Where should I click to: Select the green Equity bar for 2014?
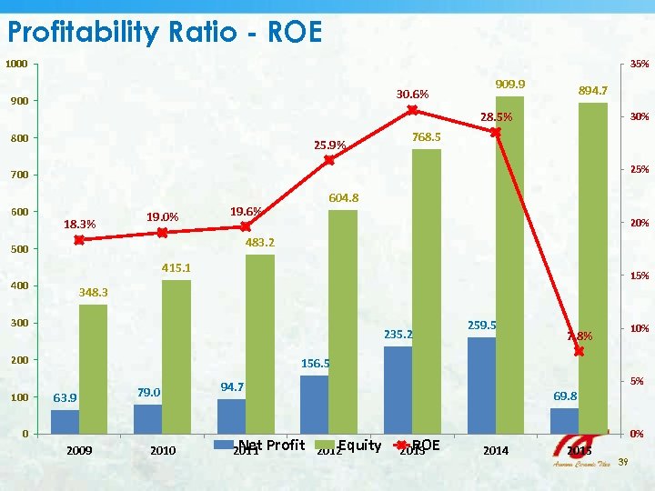509,264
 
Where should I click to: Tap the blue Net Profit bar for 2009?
65,422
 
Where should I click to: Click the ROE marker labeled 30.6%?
412,110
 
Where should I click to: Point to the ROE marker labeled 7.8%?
579,351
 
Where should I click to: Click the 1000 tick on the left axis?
15,65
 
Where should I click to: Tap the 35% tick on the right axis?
640,65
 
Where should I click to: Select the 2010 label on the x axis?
163,450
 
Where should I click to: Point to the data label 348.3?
94,293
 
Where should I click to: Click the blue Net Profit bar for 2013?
398,389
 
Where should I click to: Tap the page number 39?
623,464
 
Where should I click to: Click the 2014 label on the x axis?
496,450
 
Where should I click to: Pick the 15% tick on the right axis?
640,276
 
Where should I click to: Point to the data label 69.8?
565,396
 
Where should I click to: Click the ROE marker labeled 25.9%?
329,160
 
